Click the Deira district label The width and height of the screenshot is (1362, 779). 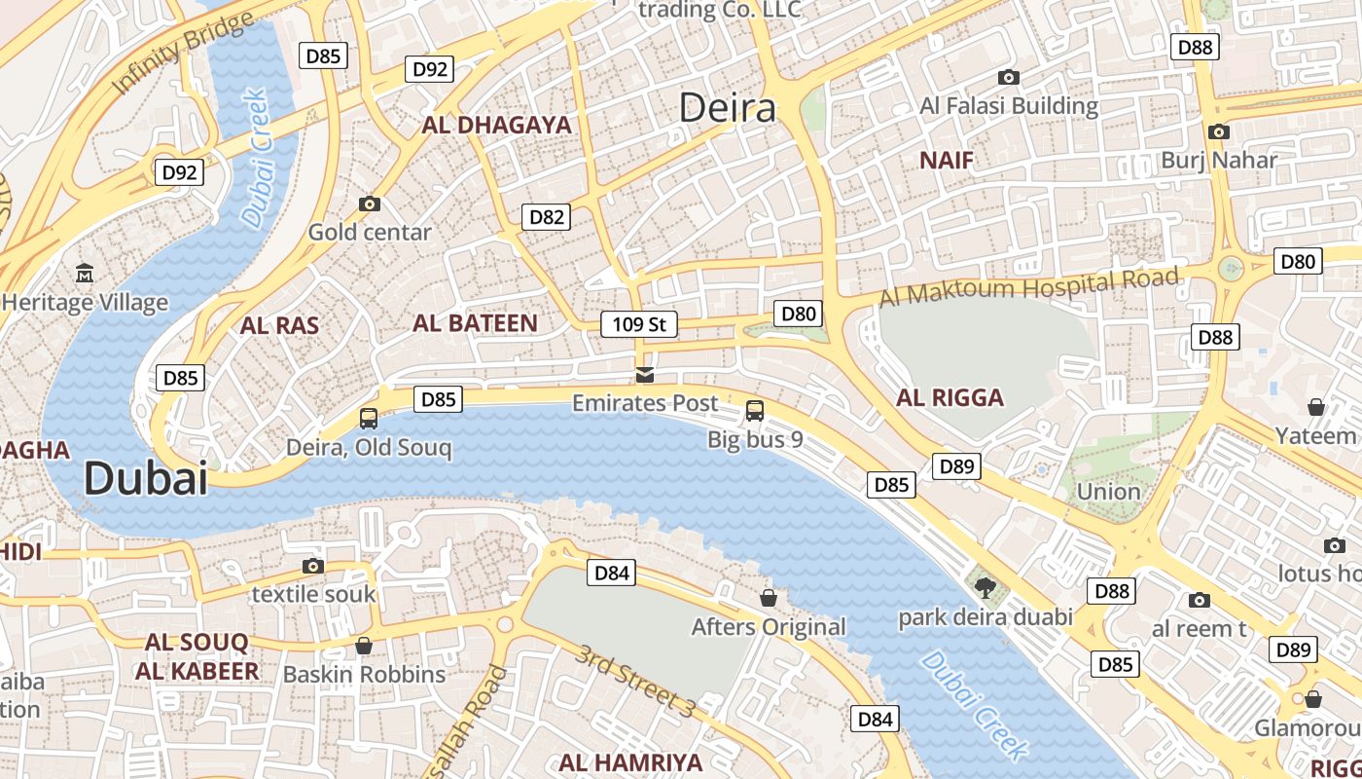pyautogui.click(x=727, y=108)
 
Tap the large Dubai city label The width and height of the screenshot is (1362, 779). pyautogui.click(x=146, y=479)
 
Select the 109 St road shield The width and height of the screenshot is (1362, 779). pyautogui.click(x=638, y=324)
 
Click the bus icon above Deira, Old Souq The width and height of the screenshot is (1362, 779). pyautogui.click(x=369, y=419)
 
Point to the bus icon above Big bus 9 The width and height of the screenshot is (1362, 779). pyautogui.click(x=755, y=411)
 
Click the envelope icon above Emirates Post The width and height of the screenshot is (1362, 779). pyautogui.click(x=644, y=375)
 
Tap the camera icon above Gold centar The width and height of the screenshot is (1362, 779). pyautogui.click(x=369, y=204)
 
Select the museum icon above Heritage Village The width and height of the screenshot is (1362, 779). pyautogui.click(x=85, y=274)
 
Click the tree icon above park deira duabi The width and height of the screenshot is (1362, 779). pyautogui.click(x=985, y=587)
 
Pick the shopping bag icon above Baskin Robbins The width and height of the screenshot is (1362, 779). pyautogui.click(x=364, y=646)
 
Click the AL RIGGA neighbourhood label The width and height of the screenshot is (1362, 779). pyautogui.click(x=950, y=397)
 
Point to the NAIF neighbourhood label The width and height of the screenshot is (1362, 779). pyautogui.click(x=946, y=161)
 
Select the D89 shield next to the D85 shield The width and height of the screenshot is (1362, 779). pyautogui.click(x=956, y=466)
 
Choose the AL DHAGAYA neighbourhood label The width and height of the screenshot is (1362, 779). pyautogui.click(x=496, y=125)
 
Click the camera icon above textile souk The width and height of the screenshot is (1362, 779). pyautogui.click(x=312, y=566)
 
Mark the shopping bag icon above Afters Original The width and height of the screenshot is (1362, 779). pyautogui.click(x=768, y=597)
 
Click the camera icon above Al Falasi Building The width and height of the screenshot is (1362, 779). pyautogui.click(x=1009, y=77)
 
